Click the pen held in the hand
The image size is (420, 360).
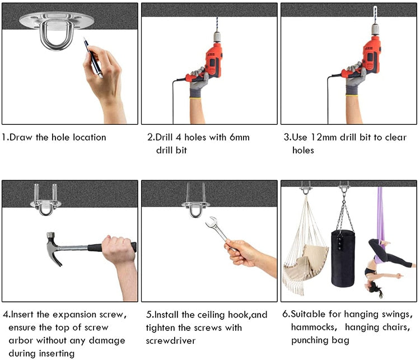[x=94, y=57]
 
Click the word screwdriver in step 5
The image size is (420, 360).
[x=173, y=340]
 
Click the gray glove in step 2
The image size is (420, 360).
[x=198, y=84]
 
